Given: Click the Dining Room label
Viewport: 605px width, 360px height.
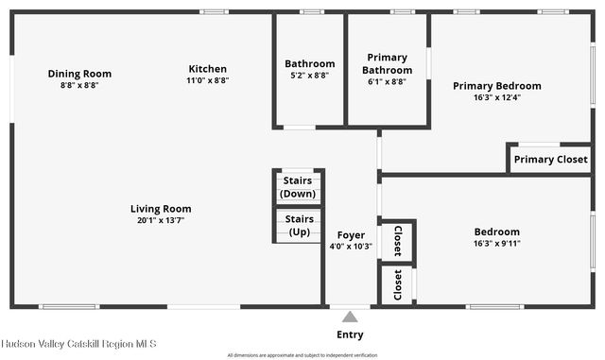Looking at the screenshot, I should point(79,74).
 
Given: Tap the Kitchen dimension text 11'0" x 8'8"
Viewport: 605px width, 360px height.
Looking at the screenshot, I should point(207,80).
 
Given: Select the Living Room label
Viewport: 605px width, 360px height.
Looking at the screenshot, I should point(161,209).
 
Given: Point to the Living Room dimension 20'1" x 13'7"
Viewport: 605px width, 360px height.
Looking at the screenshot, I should point(161,220).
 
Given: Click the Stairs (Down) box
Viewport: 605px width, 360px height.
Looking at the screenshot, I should point(299,187).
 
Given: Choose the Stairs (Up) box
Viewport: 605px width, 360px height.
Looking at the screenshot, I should point(299,226).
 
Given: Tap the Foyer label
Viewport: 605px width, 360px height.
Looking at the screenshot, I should point(351,235).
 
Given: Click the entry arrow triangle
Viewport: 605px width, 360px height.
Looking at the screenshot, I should point(350,317).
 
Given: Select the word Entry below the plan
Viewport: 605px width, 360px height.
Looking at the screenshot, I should point(350,334).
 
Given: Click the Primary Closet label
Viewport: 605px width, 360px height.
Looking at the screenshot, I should point(550,160).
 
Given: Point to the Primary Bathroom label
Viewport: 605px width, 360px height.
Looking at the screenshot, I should point(389,64).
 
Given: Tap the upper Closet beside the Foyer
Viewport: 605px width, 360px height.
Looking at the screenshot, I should point(397,241).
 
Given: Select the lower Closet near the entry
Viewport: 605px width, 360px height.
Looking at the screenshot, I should point(397,284).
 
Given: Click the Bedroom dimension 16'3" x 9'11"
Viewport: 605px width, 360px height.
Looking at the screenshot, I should point(496,243).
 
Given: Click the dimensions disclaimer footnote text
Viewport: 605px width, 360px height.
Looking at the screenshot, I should point(302,355).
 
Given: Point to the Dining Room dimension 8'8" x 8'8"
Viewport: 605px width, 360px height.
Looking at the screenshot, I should point(79,85).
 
